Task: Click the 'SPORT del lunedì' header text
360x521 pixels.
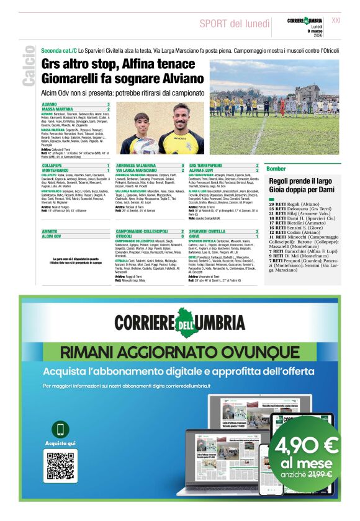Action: click(x=230, y=24)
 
